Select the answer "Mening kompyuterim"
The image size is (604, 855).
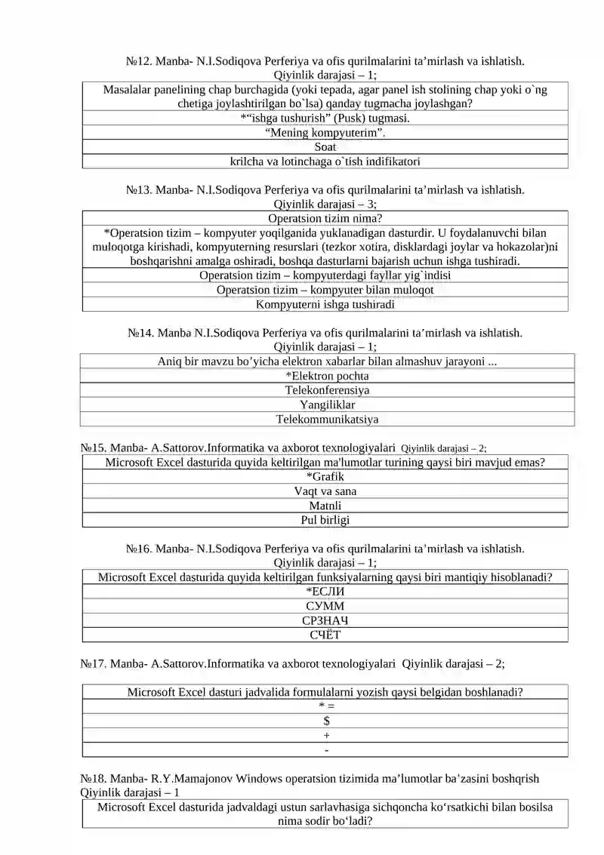point(325,133)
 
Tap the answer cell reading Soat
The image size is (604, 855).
point(325,147)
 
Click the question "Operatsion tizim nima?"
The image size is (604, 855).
point(325,219)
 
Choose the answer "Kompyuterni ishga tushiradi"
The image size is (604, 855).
point(325,305)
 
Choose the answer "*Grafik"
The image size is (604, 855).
point(325,476)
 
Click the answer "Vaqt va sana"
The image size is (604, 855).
point(325,491)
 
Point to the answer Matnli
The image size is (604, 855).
point(325,506)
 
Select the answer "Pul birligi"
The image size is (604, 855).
point(325,520)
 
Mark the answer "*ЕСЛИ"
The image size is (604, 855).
point(325,592)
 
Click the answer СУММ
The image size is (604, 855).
point(325,606)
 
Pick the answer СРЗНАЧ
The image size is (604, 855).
point(325,620)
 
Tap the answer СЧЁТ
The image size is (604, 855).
point(325,635)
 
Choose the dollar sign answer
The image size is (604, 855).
point(326,721)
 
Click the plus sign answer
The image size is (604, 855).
point(326,735)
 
